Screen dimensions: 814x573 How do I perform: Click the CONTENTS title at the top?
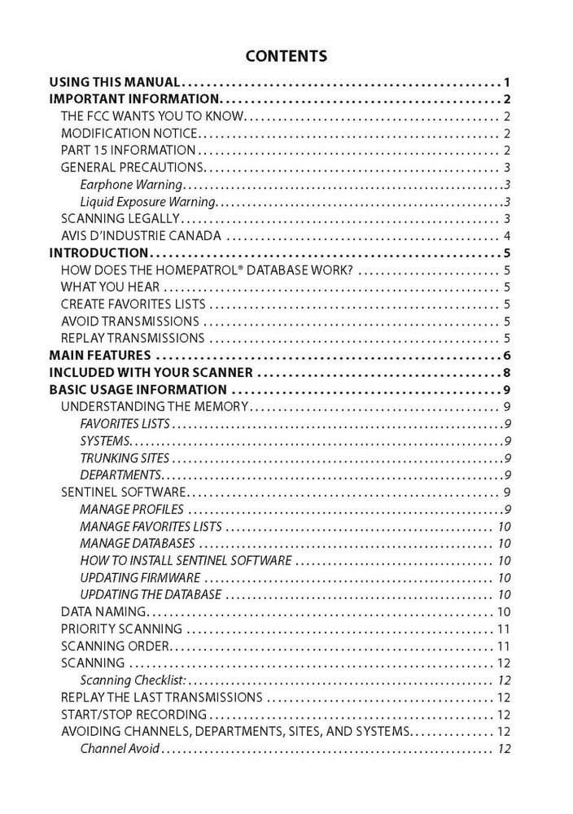[x=286, y=56]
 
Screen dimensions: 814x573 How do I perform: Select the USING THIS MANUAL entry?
[x=114, y=82]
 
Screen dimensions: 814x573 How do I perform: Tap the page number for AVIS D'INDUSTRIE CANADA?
[x=506, y=236]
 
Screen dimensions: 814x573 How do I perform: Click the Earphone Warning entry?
[x=130, y=185]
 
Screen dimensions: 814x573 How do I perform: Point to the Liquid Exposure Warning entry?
[x=147, y=202]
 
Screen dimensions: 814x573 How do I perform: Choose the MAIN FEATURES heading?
[x=100, y=355]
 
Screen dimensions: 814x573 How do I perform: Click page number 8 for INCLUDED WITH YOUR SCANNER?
[x=506, y=373]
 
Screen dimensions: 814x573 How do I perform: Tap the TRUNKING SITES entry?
[x=125, y=458]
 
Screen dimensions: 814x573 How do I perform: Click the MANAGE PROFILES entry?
[x=132, y=510]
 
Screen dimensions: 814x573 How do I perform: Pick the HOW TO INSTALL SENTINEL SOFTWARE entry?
[x=186, y=560]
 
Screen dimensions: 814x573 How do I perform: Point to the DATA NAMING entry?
[x=103, y=611]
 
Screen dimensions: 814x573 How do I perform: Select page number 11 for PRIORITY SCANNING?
[x=503, y=628]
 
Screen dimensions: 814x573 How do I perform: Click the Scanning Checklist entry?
[x=133, y=680]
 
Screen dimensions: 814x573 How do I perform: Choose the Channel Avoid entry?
[x=120, y=748]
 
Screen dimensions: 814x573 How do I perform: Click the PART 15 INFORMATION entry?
[x=128, y=151]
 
